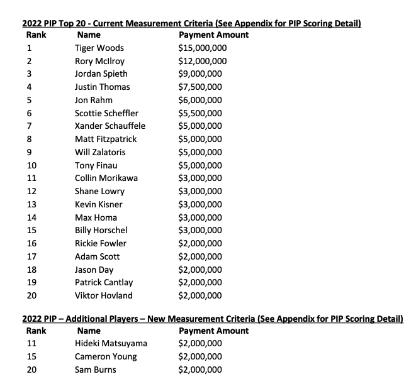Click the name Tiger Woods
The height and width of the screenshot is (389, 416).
(x=99, y=48)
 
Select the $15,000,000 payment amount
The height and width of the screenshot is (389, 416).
(x=203, y=48)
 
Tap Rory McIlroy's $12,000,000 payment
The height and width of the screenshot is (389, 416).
(x=203, y=61)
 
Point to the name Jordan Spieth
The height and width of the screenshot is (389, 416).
(x=101, y=74)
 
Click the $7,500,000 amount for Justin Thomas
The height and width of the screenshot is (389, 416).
(x=200, y=87)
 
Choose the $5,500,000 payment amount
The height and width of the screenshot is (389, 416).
(x=200, y=113)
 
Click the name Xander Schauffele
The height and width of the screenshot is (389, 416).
(x=106, y=126)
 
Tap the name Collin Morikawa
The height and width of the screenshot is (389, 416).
(x=106, y=178)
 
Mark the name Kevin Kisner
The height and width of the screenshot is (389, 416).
(x=98, y=204)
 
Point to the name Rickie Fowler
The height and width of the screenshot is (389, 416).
(x=100, y=243)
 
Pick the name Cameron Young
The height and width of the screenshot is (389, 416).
(x=105, y=356)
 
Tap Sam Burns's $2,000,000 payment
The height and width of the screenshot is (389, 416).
(x=200, y=370)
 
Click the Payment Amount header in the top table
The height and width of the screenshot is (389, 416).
(x=213, y=35)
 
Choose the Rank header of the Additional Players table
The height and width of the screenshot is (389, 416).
(x=35, y=330)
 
